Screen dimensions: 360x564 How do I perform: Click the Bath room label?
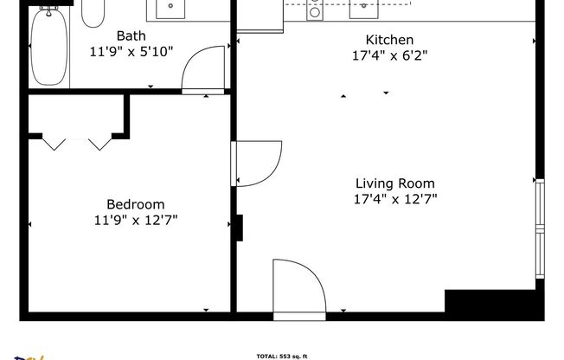(131, 36)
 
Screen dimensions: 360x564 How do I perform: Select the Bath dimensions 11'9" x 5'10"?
(131, 51)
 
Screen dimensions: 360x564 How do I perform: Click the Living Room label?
(395, 183)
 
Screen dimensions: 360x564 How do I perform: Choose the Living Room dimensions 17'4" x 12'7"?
(395, 198)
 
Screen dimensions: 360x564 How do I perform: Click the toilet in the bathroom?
(93, 12)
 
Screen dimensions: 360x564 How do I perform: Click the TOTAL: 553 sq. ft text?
(282, 356)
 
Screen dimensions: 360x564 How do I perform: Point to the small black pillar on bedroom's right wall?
(240, 228)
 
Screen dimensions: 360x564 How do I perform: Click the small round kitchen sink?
(315, 10)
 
